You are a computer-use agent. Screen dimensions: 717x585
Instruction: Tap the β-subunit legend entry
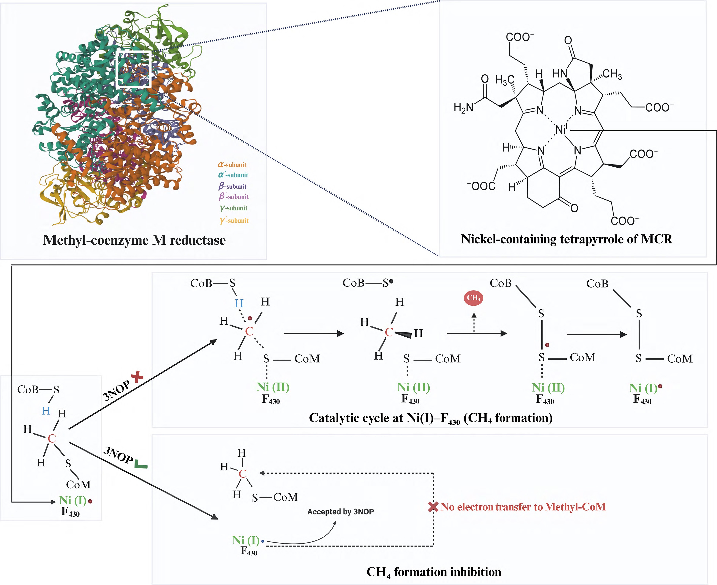[232, 186]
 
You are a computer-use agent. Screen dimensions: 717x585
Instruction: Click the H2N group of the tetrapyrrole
[463, 108]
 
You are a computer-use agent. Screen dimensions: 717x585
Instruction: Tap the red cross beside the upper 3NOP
[137, 377]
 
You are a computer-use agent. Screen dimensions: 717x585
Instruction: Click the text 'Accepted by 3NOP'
[340, 512]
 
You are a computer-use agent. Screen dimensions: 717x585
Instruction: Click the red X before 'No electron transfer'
[433, 507]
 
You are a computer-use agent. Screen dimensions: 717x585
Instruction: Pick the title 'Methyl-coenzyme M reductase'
[134, 240]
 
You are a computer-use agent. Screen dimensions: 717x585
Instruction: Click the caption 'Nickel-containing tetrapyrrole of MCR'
[566, 239]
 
